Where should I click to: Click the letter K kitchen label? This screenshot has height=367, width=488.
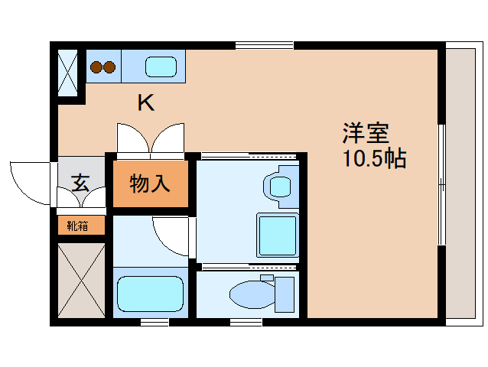coord(145,103)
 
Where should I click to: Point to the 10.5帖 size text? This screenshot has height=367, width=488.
coord(374,160)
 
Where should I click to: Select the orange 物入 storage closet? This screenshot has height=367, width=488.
coord(150,184)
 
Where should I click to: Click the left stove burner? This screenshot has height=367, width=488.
coord(96,67)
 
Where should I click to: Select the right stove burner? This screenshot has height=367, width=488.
coord(110,67)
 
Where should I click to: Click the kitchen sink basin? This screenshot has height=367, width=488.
coord(161,67)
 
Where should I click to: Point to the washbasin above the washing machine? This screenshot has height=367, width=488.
coord(278,184)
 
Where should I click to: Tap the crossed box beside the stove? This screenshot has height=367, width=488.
coord(69,72)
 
